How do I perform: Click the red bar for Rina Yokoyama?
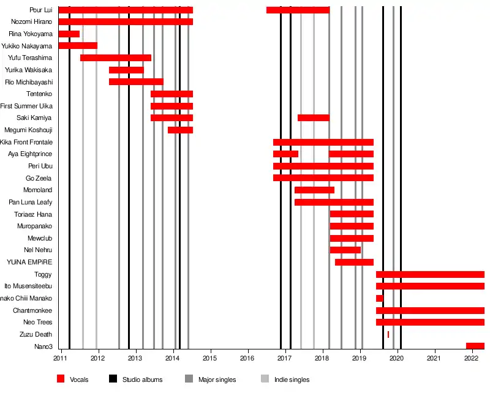[69, 34]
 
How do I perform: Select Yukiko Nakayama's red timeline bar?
[78, 45]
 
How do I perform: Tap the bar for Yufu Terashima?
[115, 58]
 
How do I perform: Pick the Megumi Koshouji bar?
[180, 130]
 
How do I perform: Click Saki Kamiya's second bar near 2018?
[313, 118]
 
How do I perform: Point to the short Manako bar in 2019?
[379, 298]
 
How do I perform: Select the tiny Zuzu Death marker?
[388, 334]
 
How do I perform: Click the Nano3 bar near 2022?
[475, 346]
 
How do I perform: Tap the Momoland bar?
[314, 190]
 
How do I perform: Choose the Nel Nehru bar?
[345, 250]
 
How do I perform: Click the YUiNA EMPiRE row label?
[29, 262]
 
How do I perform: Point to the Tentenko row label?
[39, 94]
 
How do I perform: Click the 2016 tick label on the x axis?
[247, 358]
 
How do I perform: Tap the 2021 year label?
[434, 358]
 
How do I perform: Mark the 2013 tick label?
[135, 358]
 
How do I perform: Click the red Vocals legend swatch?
[61, 379]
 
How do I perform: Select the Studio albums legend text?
[142, 380]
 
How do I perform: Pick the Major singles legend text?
[217, 380]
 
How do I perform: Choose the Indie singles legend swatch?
[265, 379]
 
